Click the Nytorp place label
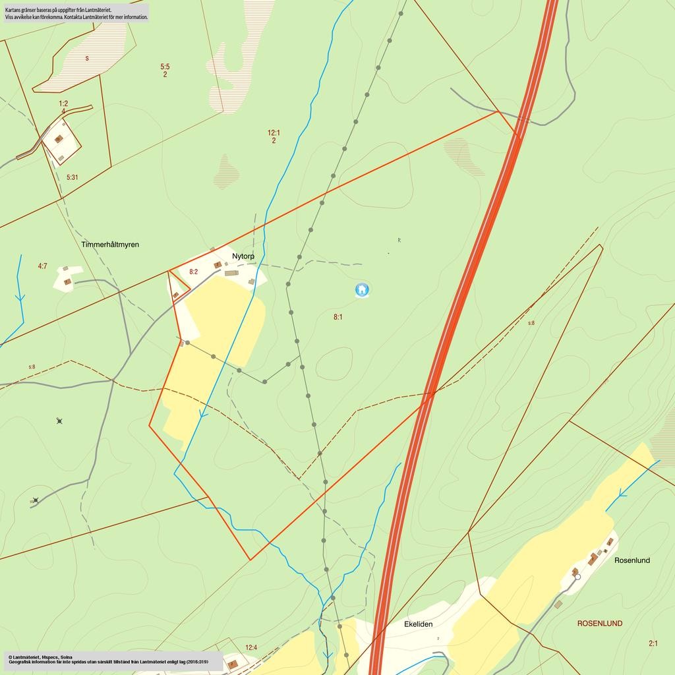(x=243, y=256)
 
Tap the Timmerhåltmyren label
(x=110, y=245)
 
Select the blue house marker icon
(x=361, y=289)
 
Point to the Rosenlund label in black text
(x=631, y=560)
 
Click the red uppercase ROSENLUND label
(x=599, y=623)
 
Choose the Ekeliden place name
(x=418, y=624)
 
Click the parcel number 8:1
(x=337, y=317)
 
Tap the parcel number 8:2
(x=194, y=272)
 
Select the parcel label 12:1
(x=274, y=132)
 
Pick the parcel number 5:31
(x=73, y=177)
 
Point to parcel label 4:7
(x=42, y=266)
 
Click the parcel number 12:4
(x=251, y=647)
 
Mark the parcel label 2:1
(x=653, y=643)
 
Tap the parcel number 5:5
(x=165, y=67)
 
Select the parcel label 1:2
(x=63, y=103)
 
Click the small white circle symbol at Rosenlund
(x=577, y=577)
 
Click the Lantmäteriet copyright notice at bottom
(x=40, y=657)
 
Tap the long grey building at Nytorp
(x=231, y=273)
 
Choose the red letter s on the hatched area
(x=87, y=59)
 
